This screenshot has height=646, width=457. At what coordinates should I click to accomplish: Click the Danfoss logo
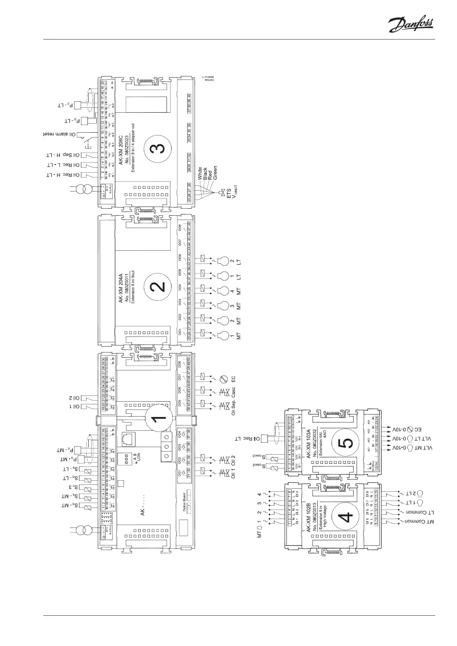pos(411,26)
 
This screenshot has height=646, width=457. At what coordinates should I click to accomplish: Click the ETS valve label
pos(229,194)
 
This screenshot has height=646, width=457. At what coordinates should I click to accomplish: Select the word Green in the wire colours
pos(215,173)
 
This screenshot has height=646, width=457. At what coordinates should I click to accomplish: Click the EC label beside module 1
pos(233,379)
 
